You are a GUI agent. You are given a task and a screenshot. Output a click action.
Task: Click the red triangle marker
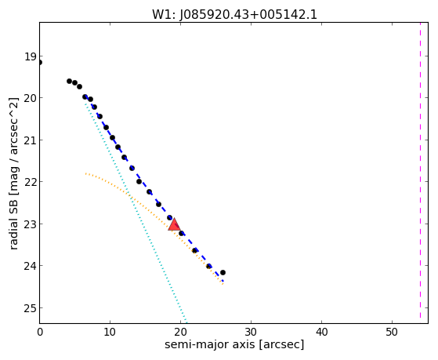coord(174,224)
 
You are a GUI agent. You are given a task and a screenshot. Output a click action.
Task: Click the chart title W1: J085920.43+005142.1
coord(234,14)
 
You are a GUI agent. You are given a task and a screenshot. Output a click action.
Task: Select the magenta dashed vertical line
coord(420,170)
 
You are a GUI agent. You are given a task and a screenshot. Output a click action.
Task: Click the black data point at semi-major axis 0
coord(40,63)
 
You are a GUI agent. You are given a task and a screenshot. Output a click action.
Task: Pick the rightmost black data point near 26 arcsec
coord(223,272)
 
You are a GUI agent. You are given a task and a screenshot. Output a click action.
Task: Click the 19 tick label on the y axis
coord(31,57)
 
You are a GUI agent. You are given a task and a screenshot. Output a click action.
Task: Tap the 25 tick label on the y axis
coord(31,308)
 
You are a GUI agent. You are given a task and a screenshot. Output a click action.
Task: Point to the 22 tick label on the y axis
coord(31,182)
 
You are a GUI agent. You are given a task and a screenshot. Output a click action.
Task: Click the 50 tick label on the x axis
coord(392,332)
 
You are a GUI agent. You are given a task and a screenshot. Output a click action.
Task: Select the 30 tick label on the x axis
coord(251,332)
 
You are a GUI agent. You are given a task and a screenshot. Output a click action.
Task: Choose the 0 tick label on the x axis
coord(40,332)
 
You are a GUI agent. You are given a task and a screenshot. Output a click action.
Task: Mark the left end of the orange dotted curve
coord(85,173)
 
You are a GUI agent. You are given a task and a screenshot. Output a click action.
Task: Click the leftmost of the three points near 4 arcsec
coord(69,81)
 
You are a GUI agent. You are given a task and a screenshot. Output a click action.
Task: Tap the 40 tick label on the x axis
coord(321,332)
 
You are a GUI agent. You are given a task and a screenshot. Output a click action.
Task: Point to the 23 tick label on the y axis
coord(31,224)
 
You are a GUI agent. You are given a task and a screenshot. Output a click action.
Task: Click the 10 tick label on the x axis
coord(110,332)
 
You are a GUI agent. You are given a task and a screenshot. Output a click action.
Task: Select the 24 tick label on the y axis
coord(31,266)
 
